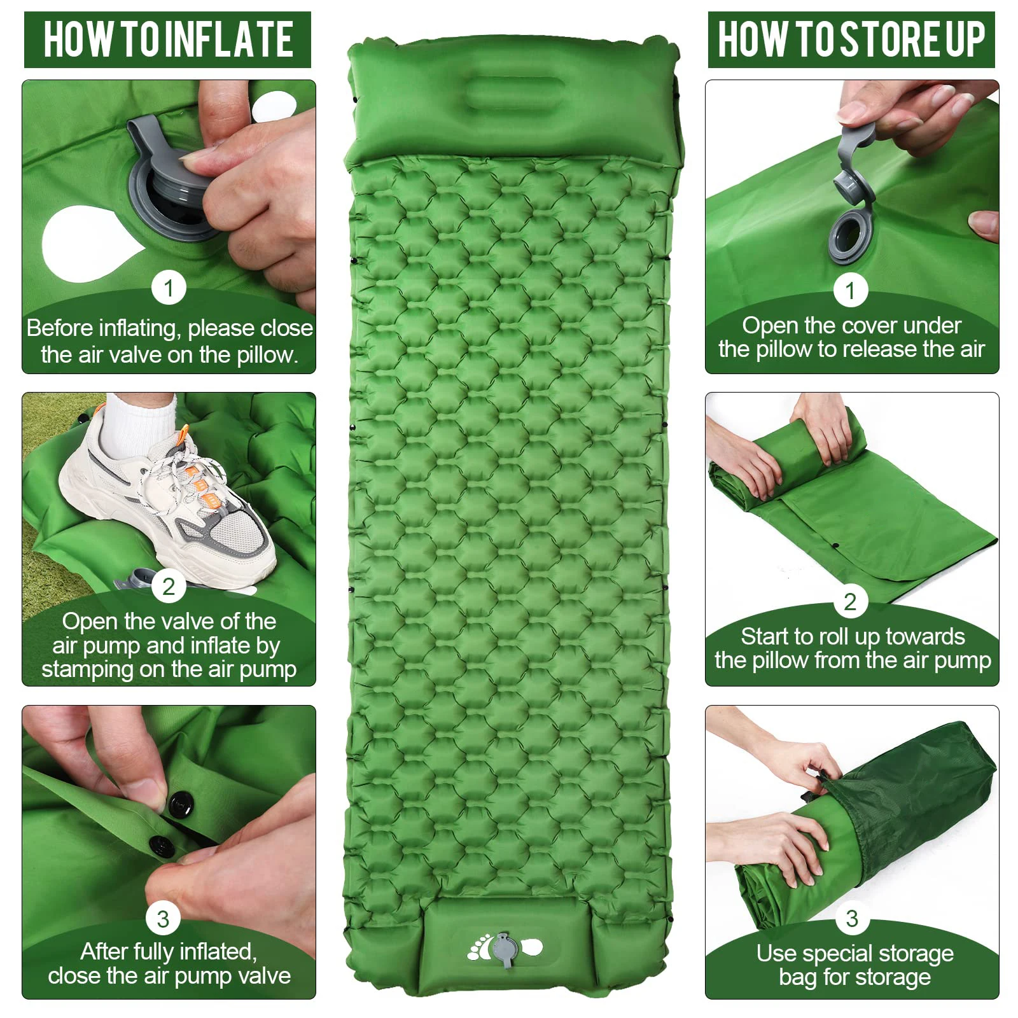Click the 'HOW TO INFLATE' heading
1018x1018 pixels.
coord(168,39)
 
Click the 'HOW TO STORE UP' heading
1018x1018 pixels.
coord(851,39)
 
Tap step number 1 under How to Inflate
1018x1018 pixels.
coord(168,288)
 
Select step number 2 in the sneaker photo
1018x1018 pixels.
coord(168,586)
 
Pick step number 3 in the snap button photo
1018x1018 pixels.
coord(163,918)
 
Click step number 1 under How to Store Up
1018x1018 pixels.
coord(850,291)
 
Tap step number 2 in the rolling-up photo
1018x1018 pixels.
coord(850,601)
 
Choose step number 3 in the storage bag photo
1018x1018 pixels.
coord(851,918)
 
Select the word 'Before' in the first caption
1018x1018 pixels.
coord(60,328)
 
